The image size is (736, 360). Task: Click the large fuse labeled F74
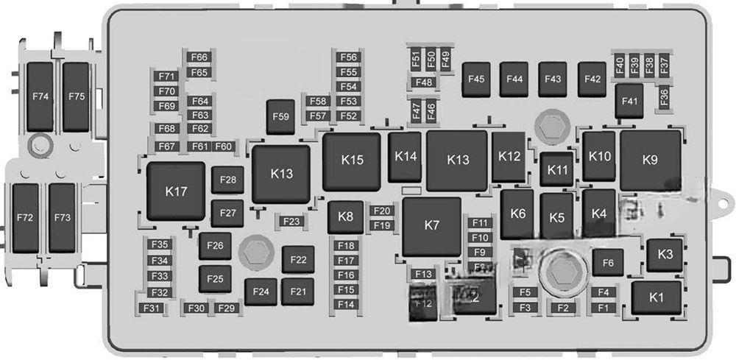pyautogui.click(x=40, y=96)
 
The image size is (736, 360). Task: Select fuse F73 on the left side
pyautogui.click(x=62, y=218)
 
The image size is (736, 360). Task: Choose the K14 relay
pyautogui.click(x=406, y=157)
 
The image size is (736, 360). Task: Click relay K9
pyautogui.click(x=649, y=160)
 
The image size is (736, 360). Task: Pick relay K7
pyautogui.click(x=432, y=226)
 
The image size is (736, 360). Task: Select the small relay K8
pyautogui.click(x=345, y=217)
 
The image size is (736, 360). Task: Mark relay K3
pyautogui.click(x=665, y=255)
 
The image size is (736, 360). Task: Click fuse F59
pyautogui.click(x=280, y=116)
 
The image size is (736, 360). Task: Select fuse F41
pyautogui.click(x=629, y=102)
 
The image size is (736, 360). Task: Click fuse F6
pyautogui.click(x=608, y=263)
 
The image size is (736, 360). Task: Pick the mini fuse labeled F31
pyautogui.click(x=152, y=308)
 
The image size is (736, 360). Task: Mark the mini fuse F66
pyautogui.click(x=199, y=57)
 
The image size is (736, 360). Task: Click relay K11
pyautogui.click(x=559, y=170)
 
